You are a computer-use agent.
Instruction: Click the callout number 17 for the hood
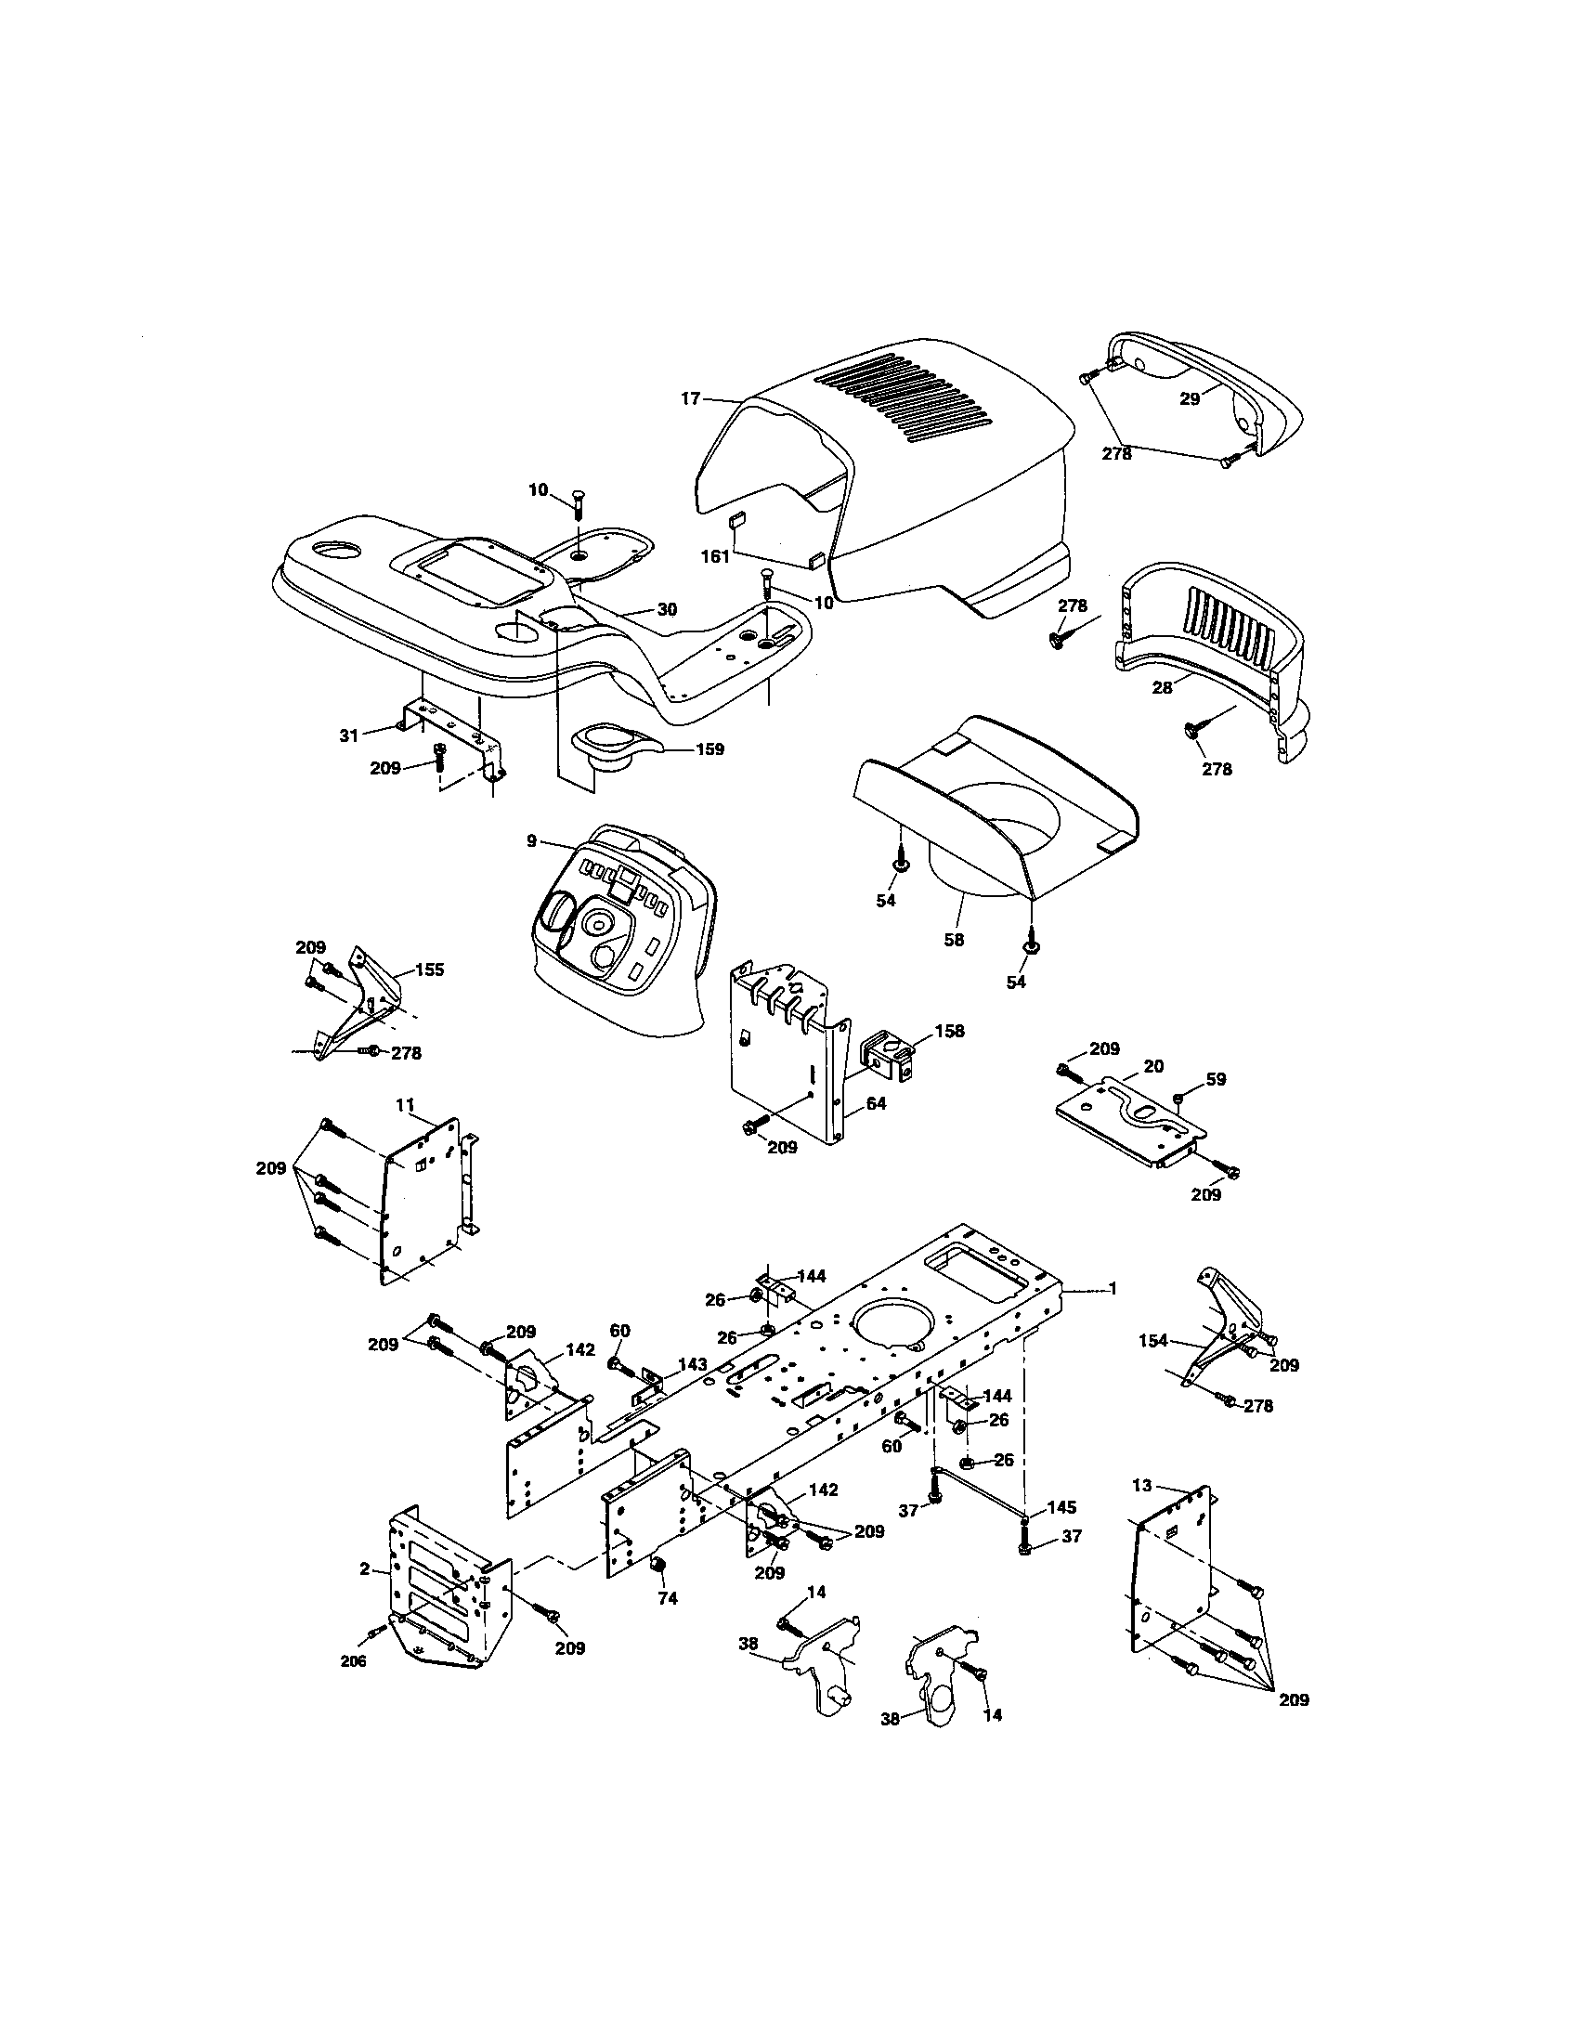(689, 399)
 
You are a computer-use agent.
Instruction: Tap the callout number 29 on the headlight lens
(1189, 398)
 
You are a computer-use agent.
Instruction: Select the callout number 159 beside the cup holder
(709, 749)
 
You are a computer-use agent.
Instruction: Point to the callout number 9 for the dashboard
(531, 841)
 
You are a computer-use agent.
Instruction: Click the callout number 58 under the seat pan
(953, 939)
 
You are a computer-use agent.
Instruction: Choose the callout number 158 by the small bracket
(948, 1032)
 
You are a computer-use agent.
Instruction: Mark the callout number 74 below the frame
(667, 1599)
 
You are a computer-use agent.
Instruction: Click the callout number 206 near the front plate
(353, 1661)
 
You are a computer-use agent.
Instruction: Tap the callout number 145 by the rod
(1061, 1507)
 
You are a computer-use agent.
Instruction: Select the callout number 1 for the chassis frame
(1113, 1289)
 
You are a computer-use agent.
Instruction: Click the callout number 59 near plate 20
(1215, 1078)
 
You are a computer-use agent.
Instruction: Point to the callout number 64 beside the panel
(876, 1104)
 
